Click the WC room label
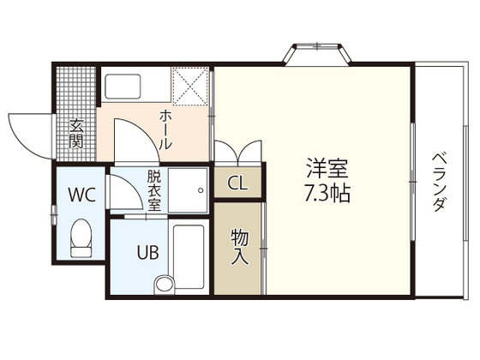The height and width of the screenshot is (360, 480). tap(81, 194)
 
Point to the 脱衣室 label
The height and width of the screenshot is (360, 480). tap(154, 190)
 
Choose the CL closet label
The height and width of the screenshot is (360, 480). tap(239, 183)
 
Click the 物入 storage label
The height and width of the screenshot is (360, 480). tap(239, 245)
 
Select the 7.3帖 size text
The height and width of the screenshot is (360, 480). tap(326, 194)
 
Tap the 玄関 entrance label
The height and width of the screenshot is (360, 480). tap(75, 131)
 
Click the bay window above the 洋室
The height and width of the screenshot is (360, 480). tap(318, 54)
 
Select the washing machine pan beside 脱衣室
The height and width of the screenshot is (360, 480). tap(188, 189)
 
